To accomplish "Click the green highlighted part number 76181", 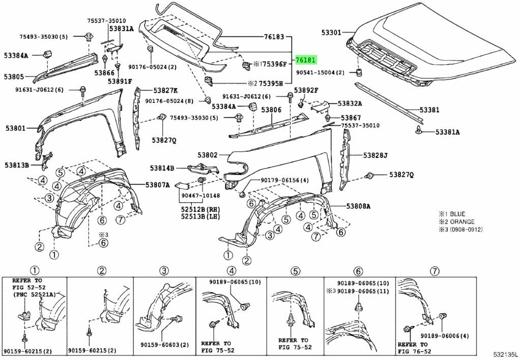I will coord(306,60).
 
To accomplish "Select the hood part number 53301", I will coord(331,32).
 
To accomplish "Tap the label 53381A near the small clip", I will coord(447,132).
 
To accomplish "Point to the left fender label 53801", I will coord(15,128).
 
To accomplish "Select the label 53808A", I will coord(359,206).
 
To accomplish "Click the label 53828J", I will coord(375,155).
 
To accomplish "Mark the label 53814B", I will coord(162,168).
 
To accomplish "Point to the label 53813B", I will coord(17,165).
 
